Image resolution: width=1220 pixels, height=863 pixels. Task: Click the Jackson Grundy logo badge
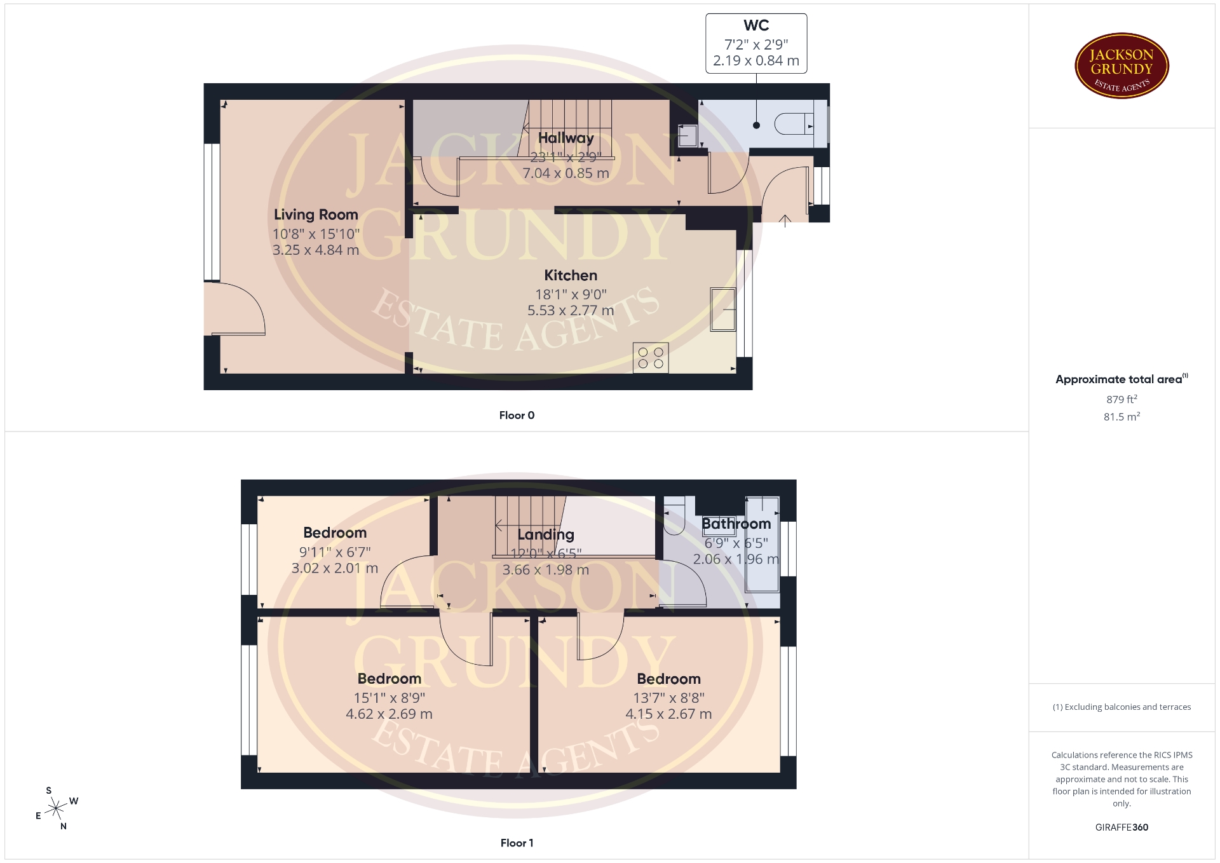1122,66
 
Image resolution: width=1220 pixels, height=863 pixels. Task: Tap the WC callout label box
756,43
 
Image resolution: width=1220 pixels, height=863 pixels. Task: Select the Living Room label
316,215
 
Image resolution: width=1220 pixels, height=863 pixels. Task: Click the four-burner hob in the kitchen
651,357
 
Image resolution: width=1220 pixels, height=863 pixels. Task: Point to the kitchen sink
723,309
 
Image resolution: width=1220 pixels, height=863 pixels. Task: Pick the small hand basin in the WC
688,136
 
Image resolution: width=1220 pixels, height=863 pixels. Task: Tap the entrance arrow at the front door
785,221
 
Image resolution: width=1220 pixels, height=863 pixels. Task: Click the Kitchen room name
571,275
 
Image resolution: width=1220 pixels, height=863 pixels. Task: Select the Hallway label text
566,138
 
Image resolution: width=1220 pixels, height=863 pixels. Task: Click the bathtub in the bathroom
762,545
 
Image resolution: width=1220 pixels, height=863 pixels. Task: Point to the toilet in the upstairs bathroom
674,515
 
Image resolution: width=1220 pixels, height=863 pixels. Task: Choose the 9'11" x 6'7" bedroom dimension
335,552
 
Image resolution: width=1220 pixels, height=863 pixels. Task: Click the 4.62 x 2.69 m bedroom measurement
389,714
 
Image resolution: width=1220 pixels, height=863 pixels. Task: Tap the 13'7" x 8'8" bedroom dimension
668,698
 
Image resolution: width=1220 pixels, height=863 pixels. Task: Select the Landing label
546,534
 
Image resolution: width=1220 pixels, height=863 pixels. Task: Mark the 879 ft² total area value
1122,399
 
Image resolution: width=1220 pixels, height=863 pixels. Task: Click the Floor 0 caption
517,415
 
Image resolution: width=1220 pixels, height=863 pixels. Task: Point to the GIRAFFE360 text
1122,827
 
